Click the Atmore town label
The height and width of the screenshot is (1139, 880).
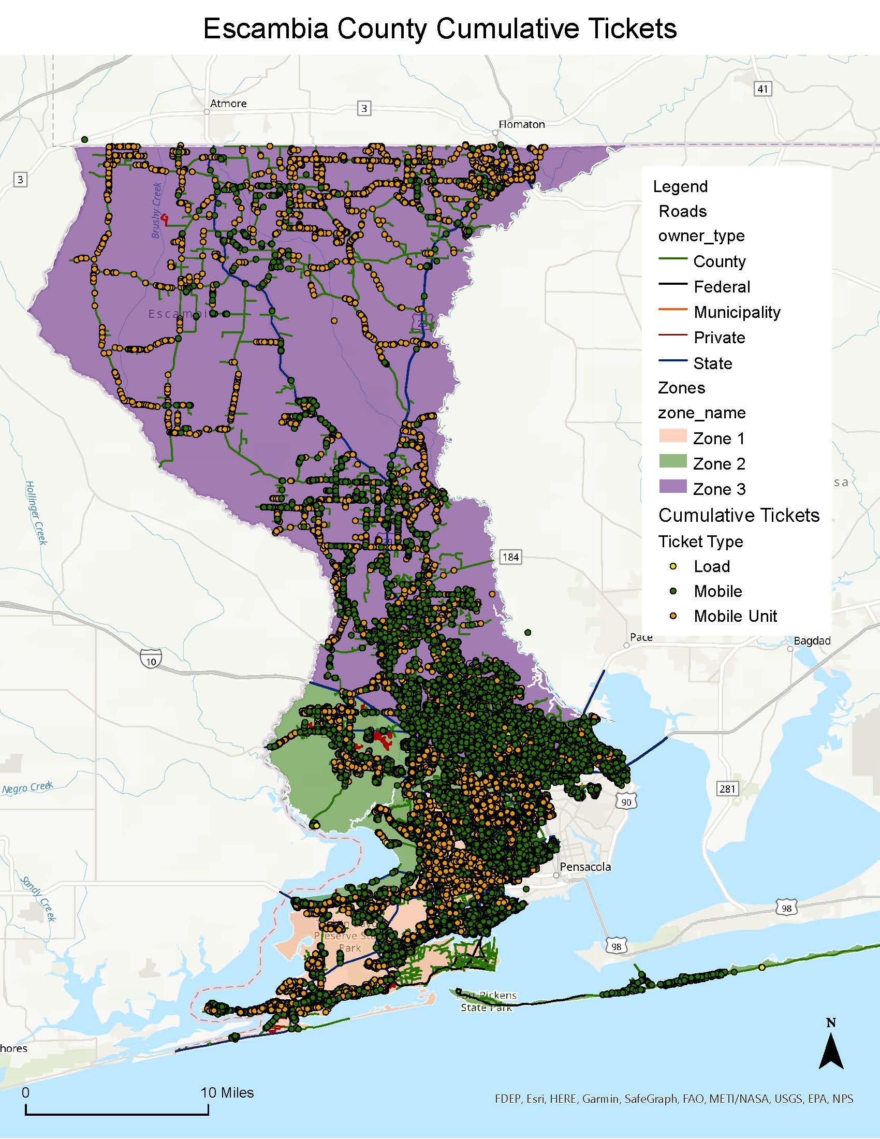228,104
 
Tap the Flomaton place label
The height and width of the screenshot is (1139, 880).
521,125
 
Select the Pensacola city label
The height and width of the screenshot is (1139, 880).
585,867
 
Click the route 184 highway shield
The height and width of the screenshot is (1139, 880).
510,557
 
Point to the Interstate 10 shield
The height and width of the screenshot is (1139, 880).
151,659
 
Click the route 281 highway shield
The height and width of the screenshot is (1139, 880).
727,788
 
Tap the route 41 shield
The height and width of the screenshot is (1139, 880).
762,89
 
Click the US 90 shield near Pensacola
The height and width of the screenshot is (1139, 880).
626,801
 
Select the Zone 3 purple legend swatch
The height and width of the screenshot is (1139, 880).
672,487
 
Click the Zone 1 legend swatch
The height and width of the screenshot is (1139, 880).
672,436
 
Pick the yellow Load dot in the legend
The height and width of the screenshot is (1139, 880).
673,566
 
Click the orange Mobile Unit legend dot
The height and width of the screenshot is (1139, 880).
673,616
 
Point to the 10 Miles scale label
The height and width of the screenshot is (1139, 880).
227,1093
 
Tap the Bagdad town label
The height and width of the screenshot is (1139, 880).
812,641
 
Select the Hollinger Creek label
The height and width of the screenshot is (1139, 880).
36,513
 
